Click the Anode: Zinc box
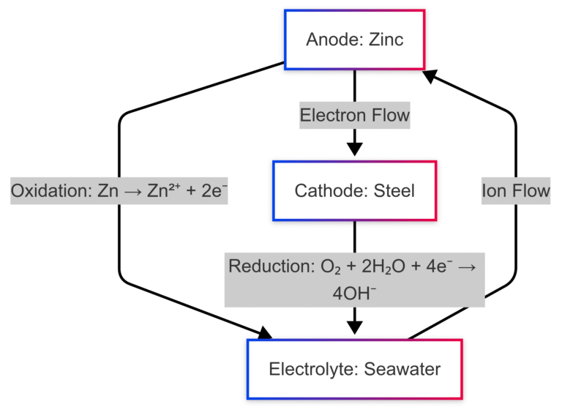[x=355, y=40]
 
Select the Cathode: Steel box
[x=355, y=191]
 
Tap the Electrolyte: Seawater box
[x=355, y=369]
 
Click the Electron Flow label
[x=355, y=116]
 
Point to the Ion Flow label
[x=515, y=191]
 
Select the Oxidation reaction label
[x=119, y=191]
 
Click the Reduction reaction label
[x=355, y=279]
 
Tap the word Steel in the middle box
[x=394, y=191]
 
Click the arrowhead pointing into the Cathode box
[x=355, y=149]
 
